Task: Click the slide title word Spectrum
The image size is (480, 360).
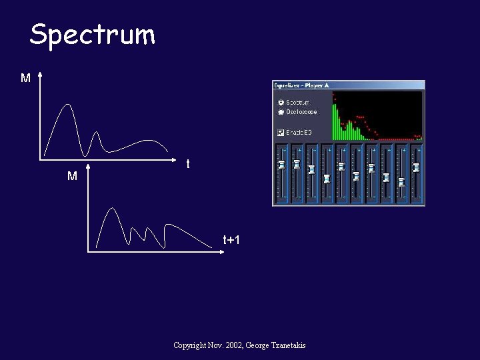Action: [x=92, y=35]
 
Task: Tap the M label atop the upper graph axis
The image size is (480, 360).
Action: [x=25, y=79]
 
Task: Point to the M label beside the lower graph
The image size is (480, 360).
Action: [x=72, y=177]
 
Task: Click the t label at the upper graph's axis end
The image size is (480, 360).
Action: [x=188, y=164]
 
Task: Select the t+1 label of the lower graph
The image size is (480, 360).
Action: [x=231, y=240]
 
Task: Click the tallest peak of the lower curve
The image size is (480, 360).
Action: [x=113, y=208]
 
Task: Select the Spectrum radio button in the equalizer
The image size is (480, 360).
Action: [x=281, y=103]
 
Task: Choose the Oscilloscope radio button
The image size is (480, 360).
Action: [x=281, y=112]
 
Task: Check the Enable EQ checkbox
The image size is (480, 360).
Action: [x=281, y=132]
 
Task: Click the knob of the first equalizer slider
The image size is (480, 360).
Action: [x=281, y=164]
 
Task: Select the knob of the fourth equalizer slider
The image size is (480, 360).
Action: [x=327, y=179]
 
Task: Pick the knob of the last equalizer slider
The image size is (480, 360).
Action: [x=416, y=168]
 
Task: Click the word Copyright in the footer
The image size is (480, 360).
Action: [x=189, y=345]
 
